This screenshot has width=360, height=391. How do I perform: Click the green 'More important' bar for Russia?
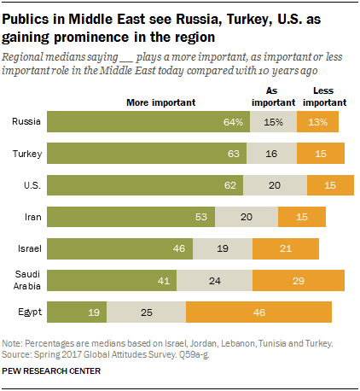pos(154,121)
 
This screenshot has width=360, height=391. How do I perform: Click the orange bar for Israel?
pos(285,248)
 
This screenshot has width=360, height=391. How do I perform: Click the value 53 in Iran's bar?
pos(200,216)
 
